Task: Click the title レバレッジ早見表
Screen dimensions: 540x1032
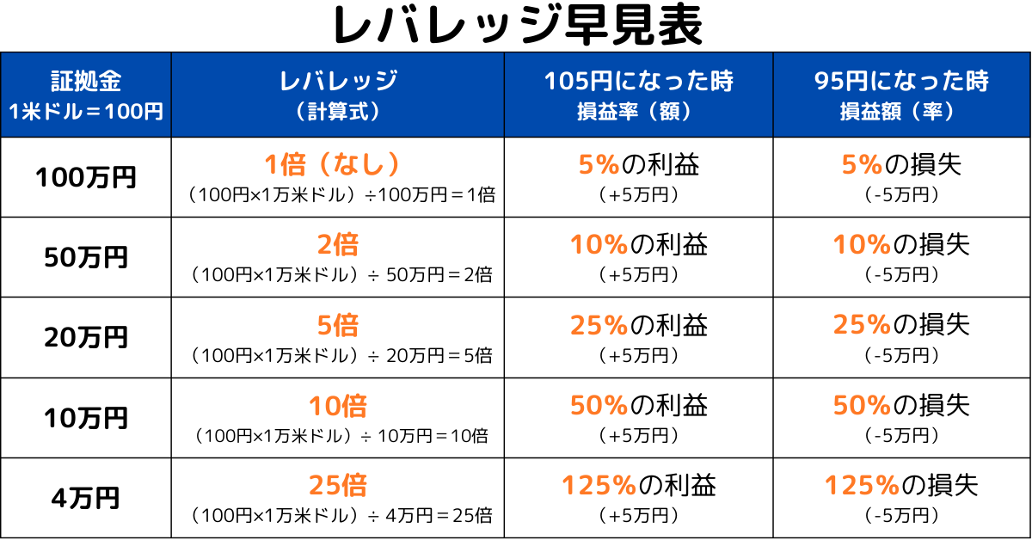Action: point(516,27)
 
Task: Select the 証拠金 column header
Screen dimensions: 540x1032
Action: point(86,95)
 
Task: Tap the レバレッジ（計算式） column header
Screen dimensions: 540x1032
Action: point(338,95)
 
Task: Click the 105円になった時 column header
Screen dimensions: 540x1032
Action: point(638,95)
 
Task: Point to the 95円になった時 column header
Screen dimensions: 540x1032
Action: point(901,95)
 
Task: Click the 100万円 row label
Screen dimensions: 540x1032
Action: point(86,178)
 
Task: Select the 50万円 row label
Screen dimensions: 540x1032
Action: point(86,257)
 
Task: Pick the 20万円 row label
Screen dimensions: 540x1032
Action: point(86,337)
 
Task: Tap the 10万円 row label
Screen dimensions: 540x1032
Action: point(86,418)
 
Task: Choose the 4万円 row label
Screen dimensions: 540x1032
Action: point(86,498)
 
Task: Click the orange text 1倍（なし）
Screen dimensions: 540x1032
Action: point(338,164)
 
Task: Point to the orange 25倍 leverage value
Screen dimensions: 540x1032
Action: point(338,486)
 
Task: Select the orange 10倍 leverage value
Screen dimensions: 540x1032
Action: point(338,405)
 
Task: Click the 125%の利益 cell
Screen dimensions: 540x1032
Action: point(638,486)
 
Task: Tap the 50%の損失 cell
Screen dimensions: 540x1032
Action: point(901,405)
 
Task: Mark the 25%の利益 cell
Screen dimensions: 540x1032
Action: point(638,325)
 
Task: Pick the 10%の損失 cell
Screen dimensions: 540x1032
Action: point(901,245)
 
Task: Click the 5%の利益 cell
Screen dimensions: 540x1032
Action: point(638,164)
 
